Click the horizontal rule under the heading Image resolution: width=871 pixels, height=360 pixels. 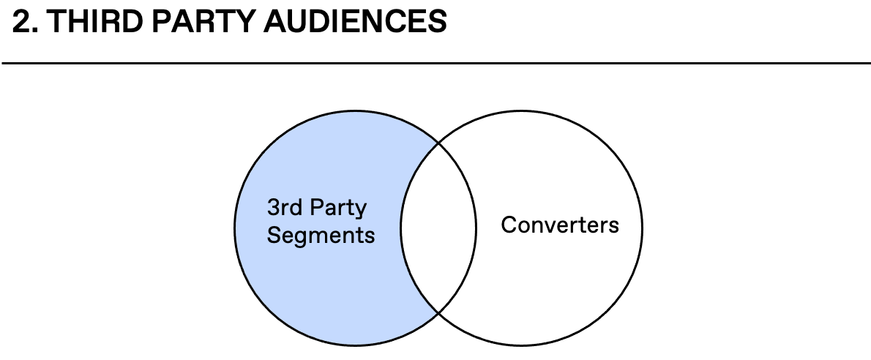(435, 64)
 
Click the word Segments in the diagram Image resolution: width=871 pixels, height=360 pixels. (321, 236)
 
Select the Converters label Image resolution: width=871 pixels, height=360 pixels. (560, 225)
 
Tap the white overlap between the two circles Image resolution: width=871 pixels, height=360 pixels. (438, 226)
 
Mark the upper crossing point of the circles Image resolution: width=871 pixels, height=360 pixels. (438, 143)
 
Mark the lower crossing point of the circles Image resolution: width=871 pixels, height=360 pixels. (438, 313)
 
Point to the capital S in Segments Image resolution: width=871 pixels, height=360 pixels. (274, 236)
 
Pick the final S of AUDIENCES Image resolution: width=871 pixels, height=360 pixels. (437, 23)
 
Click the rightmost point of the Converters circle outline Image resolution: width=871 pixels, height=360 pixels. (643, 227)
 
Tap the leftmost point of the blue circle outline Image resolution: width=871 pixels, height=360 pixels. (235, 227)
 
